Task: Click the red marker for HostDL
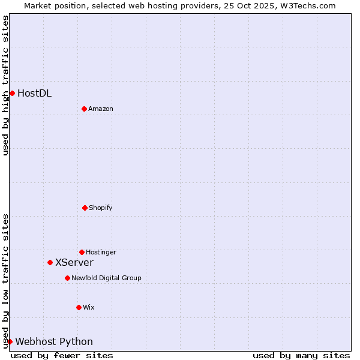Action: [x=12, y=93]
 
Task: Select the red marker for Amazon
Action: [x=84, y=109]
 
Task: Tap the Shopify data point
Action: [x=85, y=208]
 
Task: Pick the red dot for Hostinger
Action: [x=82, y=252]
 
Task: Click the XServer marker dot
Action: [x=50, y=262]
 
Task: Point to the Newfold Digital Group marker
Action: [x=67, y=278]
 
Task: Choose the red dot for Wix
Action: [x=79, y=307]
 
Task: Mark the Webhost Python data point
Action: [x=10, y=341]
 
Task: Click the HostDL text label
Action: [x=34, y=93]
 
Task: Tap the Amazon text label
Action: [x=101, y=109]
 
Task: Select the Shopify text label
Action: [x=101, y=208]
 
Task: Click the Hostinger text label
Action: [x=101, y=253]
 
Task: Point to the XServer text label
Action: [x=74, y=263]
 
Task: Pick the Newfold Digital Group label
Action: [x=106, y=278]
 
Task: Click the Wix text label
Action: [x=89, y=308]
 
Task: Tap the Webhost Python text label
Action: [x=54, y=342]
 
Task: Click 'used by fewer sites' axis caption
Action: [x=62, y=355]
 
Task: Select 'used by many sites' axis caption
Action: [x=301, y=355]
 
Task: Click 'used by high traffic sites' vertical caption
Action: [x=5, y=85]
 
